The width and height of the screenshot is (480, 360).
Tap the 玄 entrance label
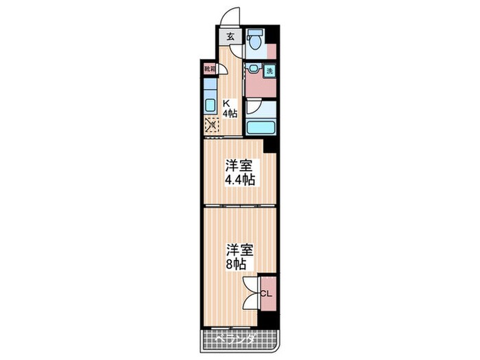[x=230, y=38]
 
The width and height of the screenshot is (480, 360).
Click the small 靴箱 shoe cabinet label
[x=209, y=69]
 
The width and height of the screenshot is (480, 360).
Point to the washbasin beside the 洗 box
[x=254, y=69]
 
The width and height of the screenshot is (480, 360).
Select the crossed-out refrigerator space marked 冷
[x=211, y=125]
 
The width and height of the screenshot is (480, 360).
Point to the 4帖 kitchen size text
[x=229, y=115]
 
